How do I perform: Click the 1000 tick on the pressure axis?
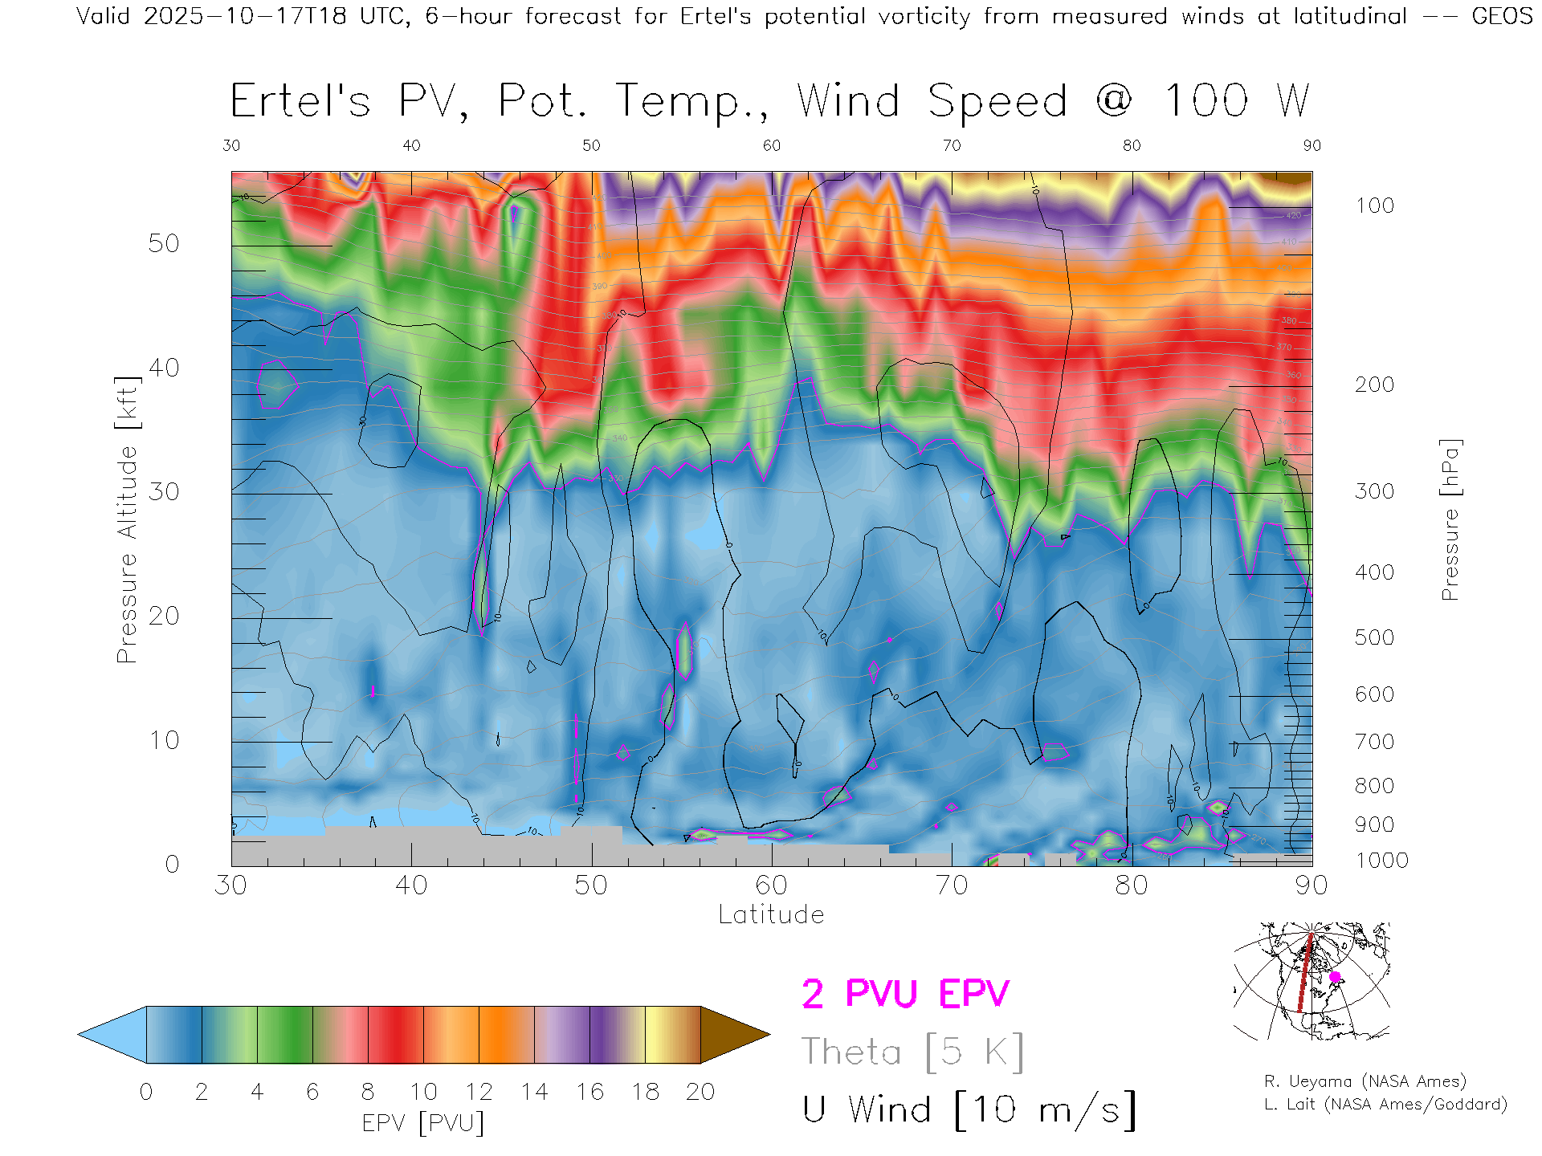tap(1381, 861)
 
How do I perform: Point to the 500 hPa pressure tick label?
tap(1374, 637)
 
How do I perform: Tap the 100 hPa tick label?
tap(1374, 206)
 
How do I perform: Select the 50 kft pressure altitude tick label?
tap(163, 243)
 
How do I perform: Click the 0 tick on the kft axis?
tap(172, 864)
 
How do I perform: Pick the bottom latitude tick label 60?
tap(771, 885)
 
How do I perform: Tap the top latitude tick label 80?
tap(1131, 145)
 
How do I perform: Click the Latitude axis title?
tap(771, 914)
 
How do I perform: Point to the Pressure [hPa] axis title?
tap(1450, 519)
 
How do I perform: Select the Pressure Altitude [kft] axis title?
tap(127, 519)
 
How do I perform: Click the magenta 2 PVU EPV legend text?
tap(905, 994)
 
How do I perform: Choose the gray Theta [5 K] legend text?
tap(912, 1052)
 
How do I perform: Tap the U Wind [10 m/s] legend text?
tap(969, 1109)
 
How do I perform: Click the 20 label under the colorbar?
tap(700, 1092)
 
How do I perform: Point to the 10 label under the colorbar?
tap(423, 1092)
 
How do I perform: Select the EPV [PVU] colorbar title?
tap(423, 1122)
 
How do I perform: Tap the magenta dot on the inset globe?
tap(1335, 977)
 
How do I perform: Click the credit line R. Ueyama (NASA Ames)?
tap(1365, 1081)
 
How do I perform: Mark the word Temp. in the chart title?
tap(691, 102)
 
